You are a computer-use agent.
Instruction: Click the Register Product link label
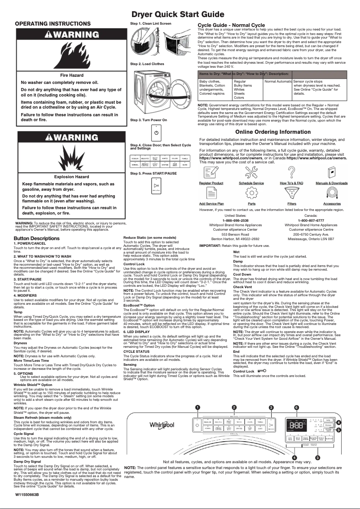(x=211, y=183)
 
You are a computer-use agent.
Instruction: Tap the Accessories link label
(x=332, y=204)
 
